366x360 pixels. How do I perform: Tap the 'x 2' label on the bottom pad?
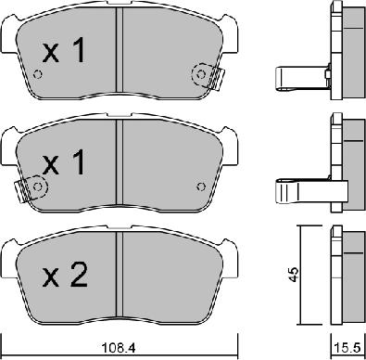pos(65,275)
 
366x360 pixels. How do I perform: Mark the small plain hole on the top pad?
pos(37,76)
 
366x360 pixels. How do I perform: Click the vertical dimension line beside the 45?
pos(297,275)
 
